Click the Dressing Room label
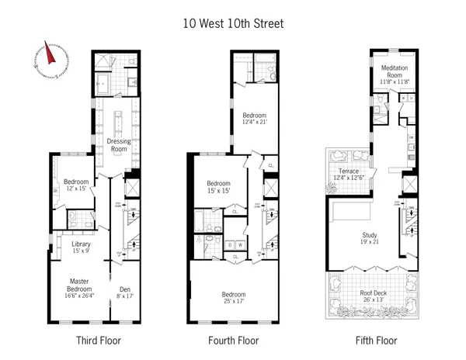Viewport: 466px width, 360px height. click(x=118, y=146)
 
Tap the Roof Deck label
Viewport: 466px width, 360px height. click(x=368, y=296)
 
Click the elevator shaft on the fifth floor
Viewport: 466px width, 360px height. click(x=409, y=185)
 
